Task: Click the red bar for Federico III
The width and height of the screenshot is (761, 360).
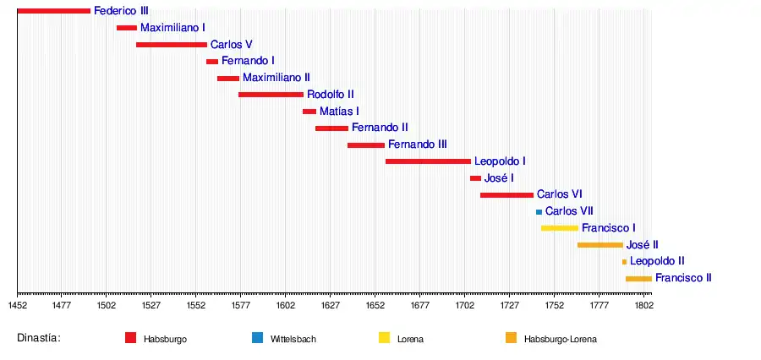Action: point(53,11)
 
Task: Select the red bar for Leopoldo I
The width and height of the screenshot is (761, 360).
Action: point(428,161)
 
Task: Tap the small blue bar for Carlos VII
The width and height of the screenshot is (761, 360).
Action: point(539,211)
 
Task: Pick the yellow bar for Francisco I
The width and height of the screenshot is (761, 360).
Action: point(560,228)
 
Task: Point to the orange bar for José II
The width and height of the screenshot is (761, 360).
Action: point(600,245)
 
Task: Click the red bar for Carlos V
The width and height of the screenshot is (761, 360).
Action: point(172,45)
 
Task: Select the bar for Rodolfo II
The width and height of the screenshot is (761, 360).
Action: point(271,95)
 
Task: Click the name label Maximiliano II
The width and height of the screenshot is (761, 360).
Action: point(276,78)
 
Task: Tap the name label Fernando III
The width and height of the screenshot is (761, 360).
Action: point(418,145)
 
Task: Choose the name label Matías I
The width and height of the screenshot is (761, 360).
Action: point(339,111)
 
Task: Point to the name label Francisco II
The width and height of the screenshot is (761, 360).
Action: point(683,277)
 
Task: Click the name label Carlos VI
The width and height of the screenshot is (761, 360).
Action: point(560,194)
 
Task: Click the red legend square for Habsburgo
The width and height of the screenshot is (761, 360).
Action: point(130,338)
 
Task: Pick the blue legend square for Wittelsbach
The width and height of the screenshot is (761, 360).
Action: point(257,338)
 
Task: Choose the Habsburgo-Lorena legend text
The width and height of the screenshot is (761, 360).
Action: point(560,339)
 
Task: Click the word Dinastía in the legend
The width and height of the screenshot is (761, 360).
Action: point(39,338)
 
